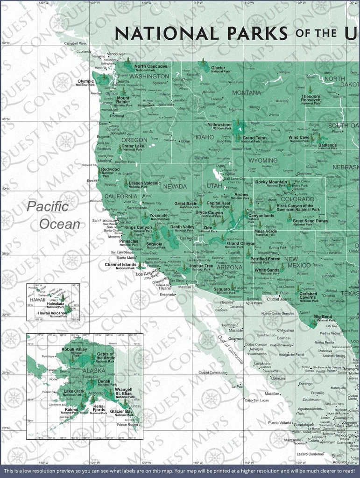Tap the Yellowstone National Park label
219,127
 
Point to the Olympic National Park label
85,83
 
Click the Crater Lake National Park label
133,148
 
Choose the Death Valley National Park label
182,228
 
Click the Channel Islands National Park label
120,266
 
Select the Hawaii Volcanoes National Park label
52,314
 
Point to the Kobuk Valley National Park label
74,351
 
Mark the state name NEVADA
175,187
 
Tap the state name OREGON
134,140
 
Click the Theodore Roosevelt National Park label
311,98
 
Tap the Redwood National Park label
110,171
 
